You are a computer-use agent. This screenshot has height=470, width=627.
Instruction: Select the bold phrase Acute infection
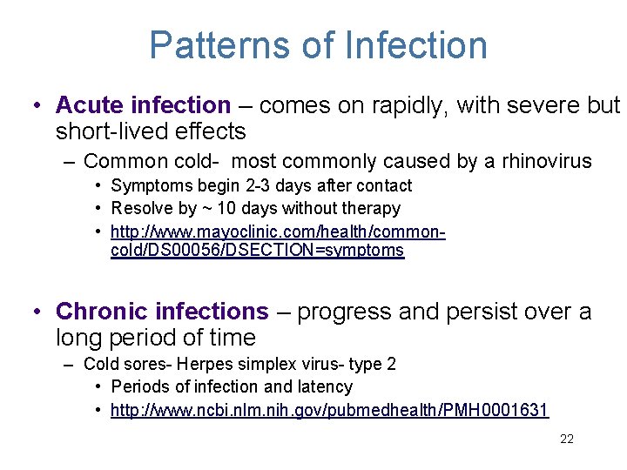tap(143, 105)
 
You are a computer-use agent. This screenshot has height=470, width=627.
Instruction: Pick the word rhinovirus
tap(547, 161)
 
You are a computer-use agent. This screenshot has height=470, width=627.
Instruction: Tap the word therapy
tap(373, 209)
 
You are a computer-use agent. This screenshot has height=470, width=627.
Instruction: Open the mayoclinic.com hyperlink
tap(279, 241)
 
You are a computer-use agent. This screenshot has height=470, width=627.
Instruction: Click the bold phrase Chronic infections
tap(162, 311)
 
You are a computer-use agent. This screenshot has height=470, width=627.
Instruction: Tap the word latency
tap(324, 386)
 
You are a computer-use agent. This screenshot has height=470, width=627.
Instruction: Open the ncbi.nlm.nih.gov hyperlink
tap(329, 410)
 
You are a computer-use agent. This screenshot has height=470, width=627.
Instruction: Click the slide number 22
tap(567, 440)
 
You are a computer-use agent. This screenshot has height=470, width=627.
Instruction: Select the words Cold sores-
tap(121, 364)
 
